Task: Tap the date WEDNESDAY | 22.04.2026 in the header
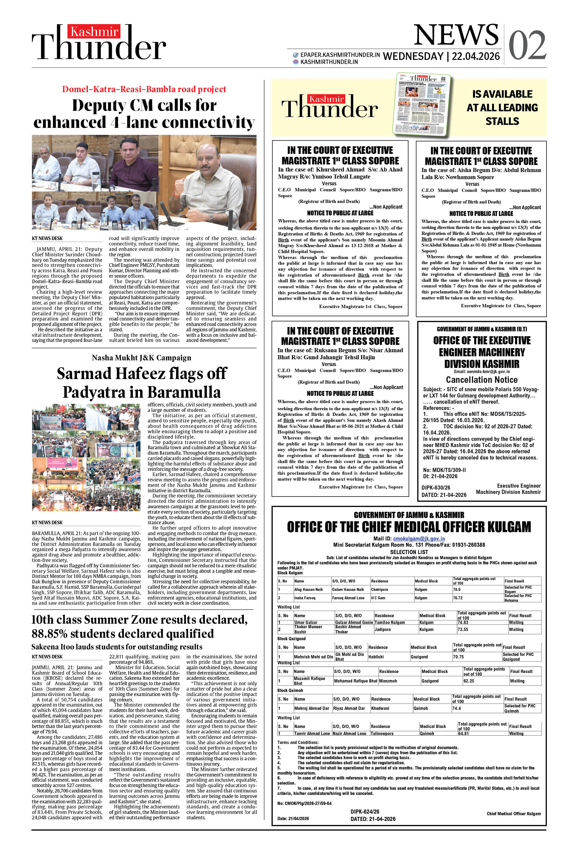pyautogui.click(x=441, y=56)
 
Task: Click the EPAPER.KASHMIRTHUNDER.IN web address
pyautogui.click(x=340, y=55)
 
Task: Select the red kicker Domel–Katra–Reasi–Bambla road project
pyautogui.click(x=144, y=89)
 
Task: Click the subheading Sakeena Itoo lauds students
pyautogui.click(x=117, y=647)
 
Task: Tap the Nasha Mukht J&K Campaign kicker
pyautogui.click(x=142, y=358)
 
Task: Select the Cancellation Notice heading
pyautogui.click(x=482, y=380)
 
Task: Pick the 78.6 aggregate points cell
pyautogui.click(x=457, y=589)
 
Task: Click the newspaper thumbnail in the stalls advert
pyautogui.click(x=422, y=105)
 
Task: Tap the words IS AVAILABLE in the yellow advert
pyautogui.click(x=502, y=94)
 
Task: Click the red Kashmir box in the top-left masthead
pyautogui.click(x=94, y=32)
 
